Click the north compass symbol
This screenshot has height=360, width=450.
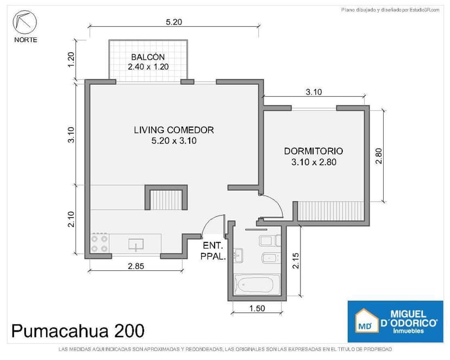click(x=25, y=22)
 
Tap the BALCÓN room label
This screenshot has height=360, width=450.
click(x=148, y=57)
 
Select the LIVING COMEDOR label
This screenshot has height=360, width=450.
click(x=174, y=130)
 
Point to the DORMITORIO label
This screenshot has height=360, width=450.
click(x=314, y=151)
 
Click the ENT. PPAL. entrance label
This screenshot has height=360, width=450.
click(x=213, y=251)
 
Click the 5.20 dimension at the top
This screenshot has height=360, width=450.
click(x=174, y=22)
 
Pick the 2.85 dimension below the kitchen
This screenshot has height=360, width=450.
click(x=136, y=266)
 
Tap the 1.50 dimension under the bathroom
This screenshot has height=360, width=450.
click(x=257, y=308)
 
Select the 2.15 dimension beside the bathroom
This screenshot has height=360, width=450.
click(x=296, y=260)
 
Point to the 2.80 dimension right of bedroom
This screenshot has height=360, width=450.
click(x=379, y=156)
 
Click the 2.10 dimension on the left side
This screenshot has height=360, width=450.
click(x=71, y=219)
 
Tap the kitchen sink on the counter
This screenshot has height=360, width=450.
click(x=136, y=245)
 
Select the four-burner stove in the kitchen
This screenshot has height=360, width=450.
click(x=99, y=243)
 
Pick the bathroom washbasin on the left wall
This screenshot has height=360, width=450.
click(x=239, y=255)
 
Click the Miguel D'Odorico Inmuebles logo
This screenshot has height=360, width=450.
click(x=395, y=321)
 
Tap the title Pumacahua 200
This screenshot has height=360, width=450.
click(x=78, y=331)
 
